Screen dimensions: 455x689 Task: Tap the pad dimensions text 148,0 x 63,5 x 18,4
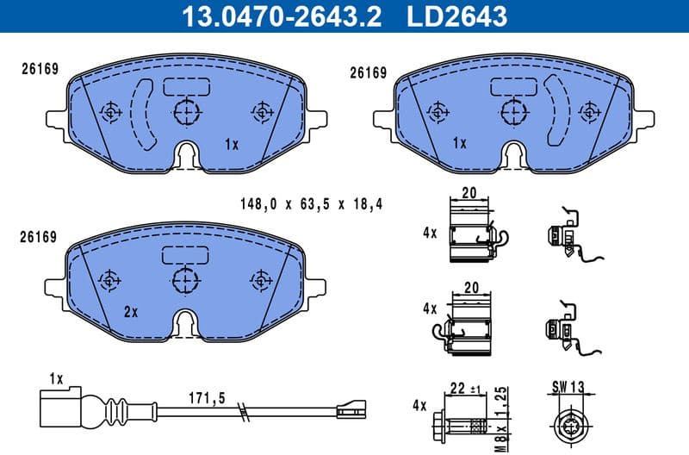pyautogui.click(x=310, y=204)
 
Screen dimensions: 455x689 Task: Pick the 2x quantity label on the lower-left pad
pyautogui.click(x=131, y=312)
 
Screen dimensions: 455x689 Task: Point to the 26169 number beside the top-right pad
pyautogui.click(x=367, y=73)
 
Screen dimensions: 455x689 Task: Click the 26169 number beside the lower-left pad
pyautogui.click(x=40, y=236)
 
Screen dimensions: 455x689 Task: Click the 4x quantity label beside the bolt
pyautogui.click(x=420, y=403)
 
